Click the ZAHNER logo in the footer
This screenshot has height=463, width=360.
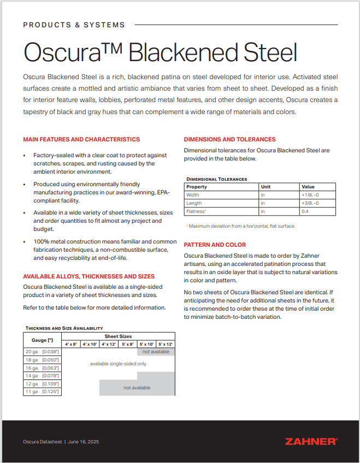click(311, 441)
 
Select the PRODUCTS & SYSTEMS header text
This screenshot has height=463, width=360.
click(74, 25)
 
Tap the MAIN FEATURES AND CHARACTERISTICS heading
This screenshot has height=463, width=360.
click(81, 139)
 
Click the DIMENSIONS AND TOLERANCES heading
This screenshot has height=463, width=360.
click(229, 139)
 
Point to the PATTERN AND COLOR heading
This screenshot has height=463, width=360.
click(215, 245)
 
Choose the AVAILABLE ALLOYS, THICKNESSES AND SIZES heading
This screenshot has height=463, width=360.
click(88, 276)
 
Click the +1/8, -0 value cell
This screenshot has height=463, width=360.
click(310, 195)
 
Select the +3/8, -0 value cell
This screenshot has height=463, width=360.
click(310, 203)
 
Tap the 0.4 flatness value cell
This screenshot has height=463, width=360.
click(305, 211)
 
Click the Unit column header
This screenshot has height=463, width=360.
click(265, 187)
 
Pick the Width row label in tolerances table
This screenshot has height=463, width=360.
click(193, 195)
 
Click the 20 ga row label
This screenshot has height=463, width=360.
click(42, 352)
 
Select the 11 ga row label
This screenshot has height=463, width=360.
click(42, 391)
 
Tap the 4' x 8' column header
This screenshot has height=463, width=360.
click(71, 344)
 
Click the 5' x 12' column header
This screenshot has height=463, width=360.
click(166, 344)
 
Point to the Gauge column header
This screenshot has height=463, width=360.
click(43, 340)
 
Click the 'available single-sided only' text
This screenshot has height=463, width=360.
click(118, 364)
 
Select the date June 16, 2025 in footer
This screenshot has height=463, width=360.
click(84, 441)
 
